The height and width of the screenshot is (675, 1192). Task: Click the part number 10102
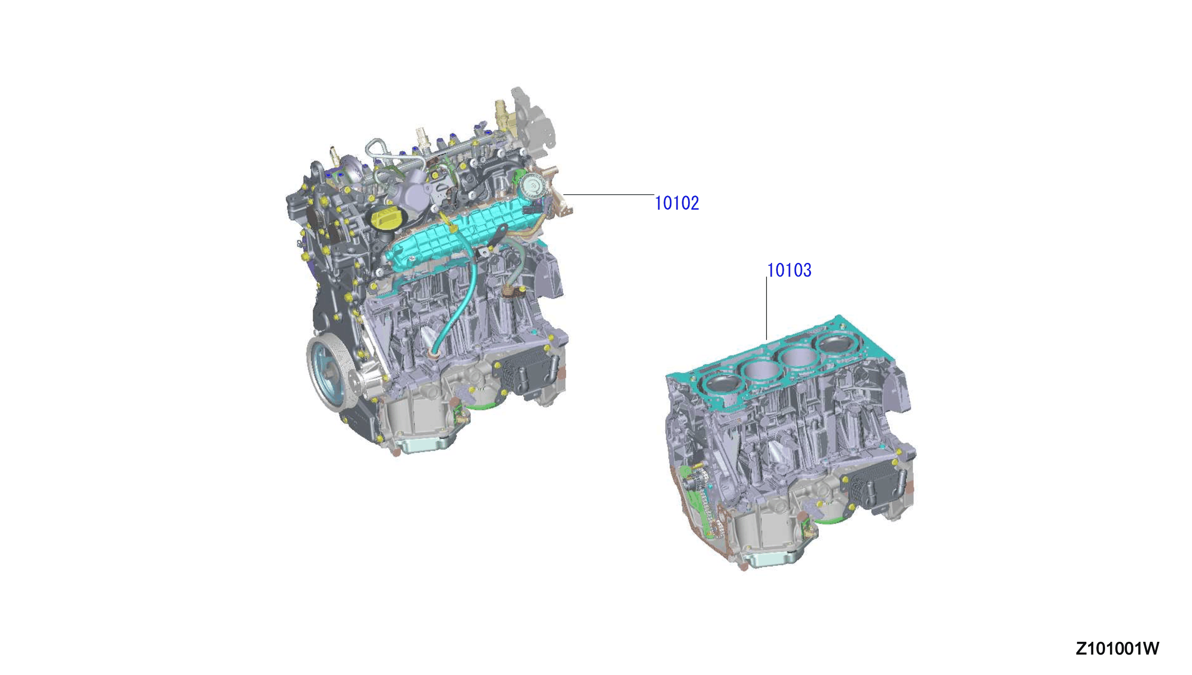click(x=676, y=203)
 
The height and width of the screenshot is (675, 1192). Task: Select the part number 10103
click(x=789, y=270)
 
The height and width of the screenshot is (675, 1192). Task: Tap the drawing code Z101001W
click(x=1117, y=649)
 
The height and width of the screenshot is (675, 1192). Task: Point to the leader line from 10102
click(x=609, y=194)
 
